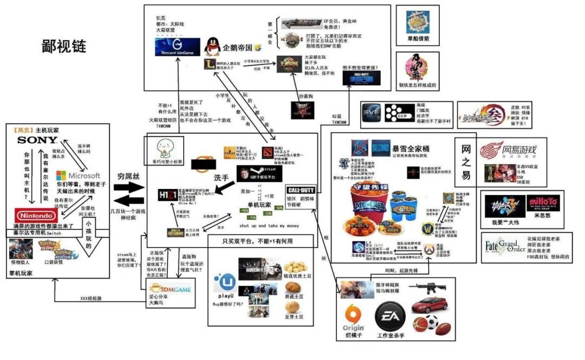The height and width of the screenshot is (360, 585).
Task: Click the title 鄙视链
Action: point(64,47)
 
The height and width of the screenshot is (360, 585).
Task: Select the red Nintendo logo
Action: point(35,214)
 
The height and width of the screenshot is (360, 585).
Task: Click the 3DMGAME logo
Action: point(171,290)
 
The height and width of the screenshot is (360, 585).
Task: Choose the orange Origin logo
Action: point(353,316)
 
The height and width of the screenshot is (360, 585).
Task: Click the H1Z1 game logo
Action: point(165,194)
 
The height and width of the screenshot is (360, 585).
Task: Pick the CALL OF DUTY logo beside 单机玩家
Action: point(301,191)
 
